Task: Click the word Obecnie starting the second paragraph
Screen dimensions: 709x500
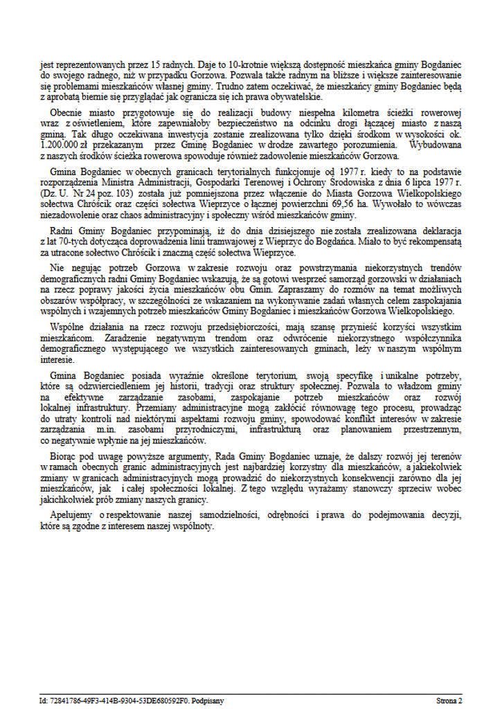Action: click(x=66, y=113)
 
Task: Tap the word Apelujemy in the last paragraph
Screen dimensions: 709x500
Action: click(x=71, y=516)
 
